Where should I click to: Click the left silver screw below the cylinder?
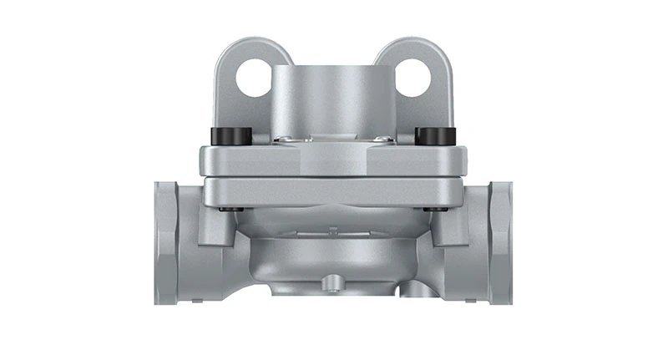click(285, 139)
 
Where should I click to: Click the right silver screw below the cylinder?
click(380, 139)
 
